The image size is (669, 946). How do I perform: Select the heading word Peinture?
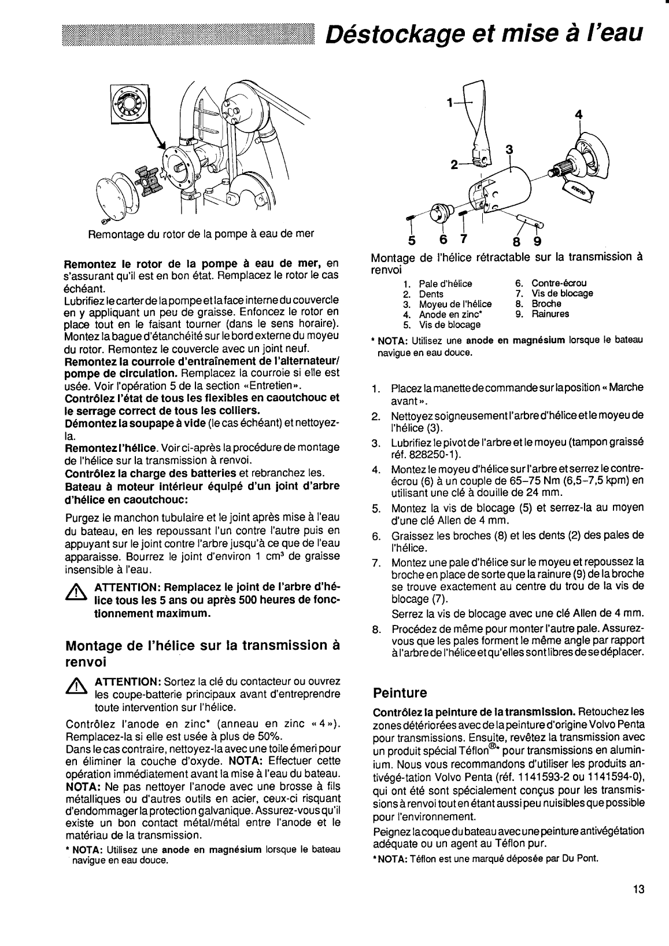pos(400,693)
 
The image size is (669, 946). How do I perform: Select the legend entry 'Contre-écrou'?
pos(559,283)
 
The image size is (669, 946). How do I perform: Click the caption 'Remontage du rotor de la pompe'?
pos(201,234)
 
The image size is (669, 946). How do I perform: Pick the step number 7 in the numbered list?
pos(376,562)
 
